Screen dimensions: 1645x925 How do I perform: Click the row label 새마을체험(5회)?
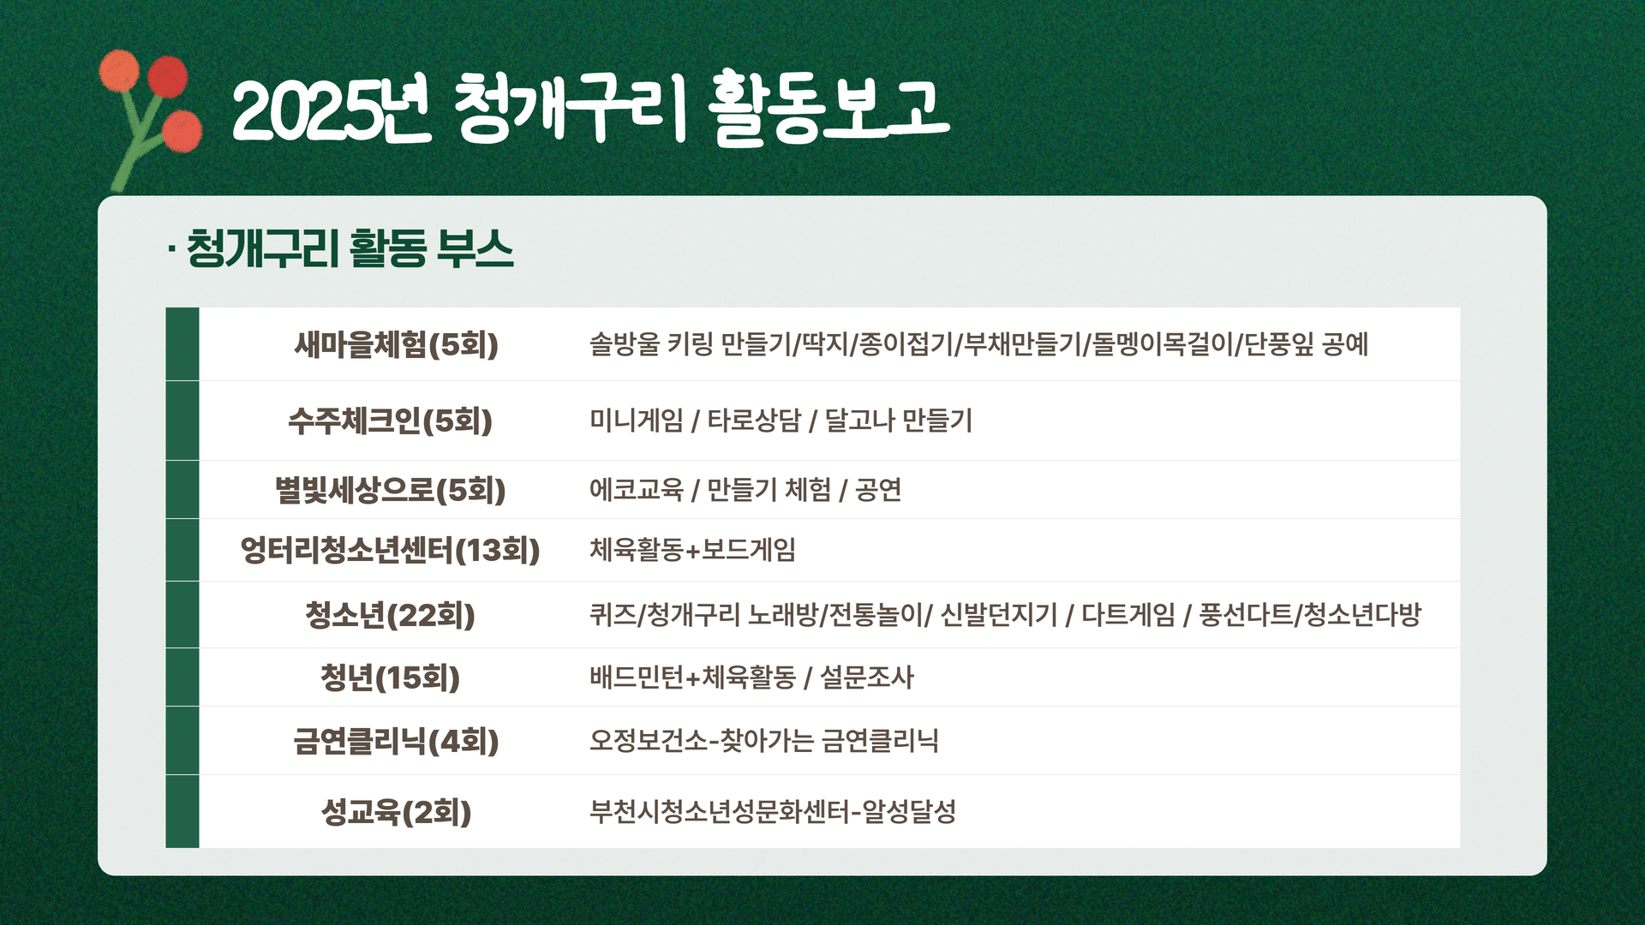396,344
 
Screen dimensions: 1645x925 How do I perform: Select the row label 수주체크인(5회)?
390,421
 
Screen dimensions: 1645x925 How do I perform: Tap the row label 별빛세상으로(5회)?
390,490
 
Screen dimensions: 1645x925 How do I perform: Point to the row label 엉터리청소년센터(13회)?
390,550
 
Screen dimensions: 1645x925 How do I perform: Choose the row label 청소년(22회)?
390,615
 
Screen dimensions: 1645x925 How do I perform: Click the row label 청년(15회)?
390,677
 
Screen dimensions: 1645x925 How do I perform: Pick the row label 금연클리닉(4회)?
396,741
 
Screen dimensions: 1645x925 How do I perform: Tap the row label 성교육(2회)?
396,812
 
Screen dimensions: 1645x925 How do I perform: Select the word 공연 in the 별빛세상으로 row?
878,490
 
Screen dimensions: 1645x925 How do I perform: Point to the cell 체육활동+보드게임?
692,550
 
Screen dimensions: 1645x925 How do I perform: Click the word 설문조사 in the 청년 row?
867,677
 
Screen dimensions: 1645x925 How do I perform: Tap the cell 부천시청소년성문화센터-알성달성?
772,811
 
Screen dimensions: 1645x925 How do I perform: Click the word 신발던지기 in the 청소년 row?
999,615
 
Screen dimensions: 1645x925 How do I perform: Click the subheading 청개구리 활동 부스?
350,249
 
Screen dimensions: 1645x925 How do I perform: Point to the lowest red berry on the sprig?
182,131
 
